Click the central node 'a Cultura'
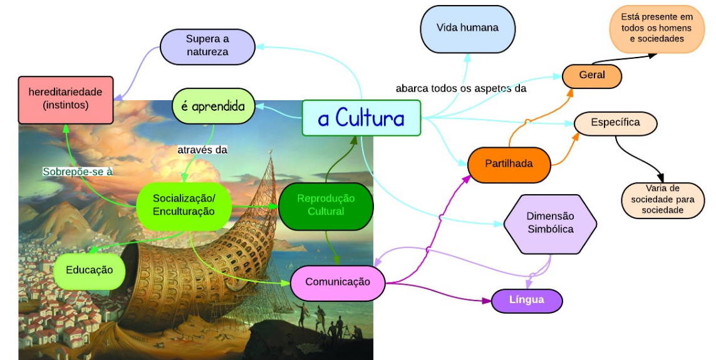pyautogui.click(x=361, y=118)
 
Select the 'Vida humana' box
pyautogui.click(x=467, y=29)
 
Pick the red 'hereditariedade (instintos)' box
pyautogui.click(x=65, y=100)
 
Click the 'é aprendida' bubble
pyautogui.click(x=213, y=106)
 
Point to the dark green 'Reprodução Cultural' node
pyautogui.click(x=326, y=206)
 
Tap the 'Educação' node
pyautogui.click(x=90, y=270)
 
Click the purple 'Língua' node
pyautogui.click(x=527, y=301)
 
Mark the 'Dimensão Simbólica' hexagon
pyautogui.click(x=551, y=224)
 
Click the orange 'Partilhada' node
pyautogui.click(x=509, y=165)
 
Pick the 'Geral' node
pyautogui.click(x=592, y=76)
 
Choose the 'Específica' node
pyautogui.click(x=616, y=123)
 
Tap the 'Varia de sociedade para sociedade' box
pyautogui.click(x=663, y=200)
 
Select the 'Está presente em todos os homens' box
pyautogui.click(x=656, y=29)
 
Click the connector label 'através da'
pyautogui.click(x=202, y=150)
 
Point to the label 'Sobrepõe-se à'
pyautogui.click(x=78, y=172)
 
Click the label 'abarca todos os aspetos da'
pyautogui.click(x=461, y=88)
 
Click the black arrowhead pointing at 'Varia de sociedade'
pyautogui.click(x=661, y=178)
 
